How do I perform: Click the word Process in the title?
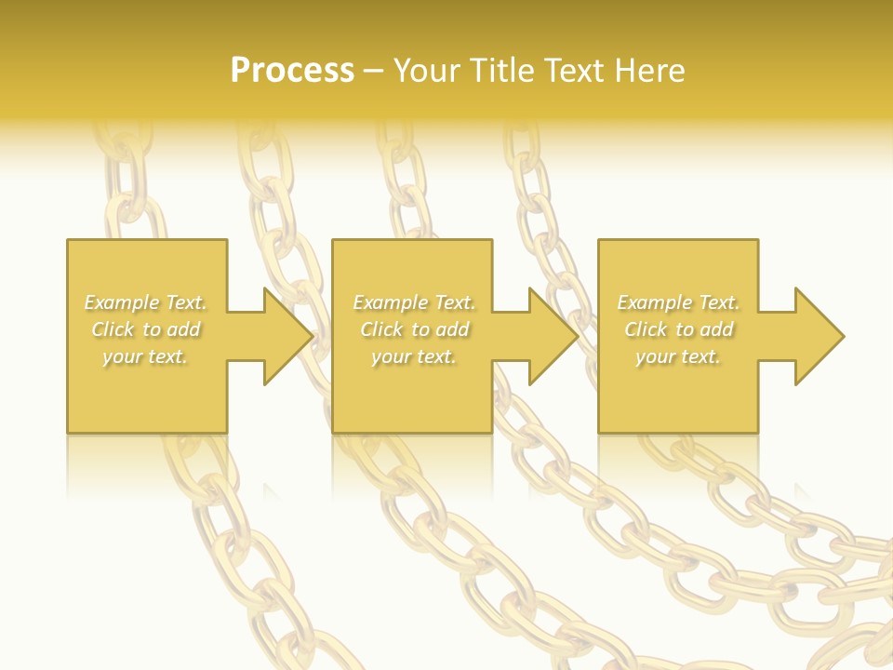point(292,71)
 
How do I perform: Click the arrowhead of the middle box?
point(553,336)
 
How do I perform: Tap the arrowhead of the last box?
point(819,336)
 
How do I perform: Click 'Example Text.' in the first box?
point(146,302)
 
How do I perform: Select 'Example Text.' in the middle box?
point(414,302)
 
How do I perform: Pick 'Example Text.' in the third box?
point(678,302)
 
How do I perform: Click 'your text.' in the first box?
point(146,356)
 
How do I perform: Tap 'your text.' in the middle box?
point(414,356)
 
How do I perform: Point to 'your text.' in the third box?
point(678,356)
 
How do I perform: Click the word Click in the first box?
point(113,329)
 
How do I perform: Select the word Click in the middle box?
point(381,329)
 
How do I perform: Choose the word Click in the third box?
point(646,329)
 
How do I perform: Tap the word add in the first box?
point(184,329)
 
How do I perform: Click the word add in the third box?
point(716,329)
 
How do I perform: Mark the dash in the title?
point(374,71)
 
